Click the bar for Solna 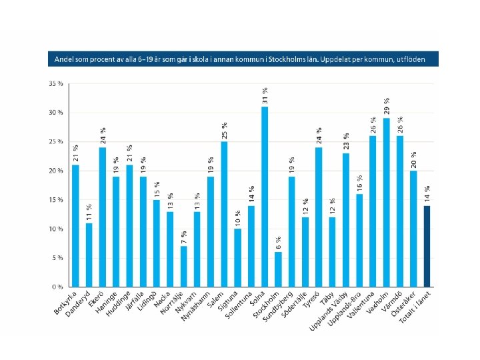(265, 197)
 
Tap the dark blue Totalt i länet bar (427, 246)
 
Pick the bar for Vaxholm (386, 202)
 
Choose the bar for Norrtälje (183, 266)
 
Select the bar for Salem (224, 214)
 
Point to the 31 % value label (265, 95)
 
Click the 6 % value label (278, 243)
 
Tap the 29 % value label (386, 106)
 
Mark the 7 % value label (183, 237)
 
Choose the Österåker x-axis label (406, 305)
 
